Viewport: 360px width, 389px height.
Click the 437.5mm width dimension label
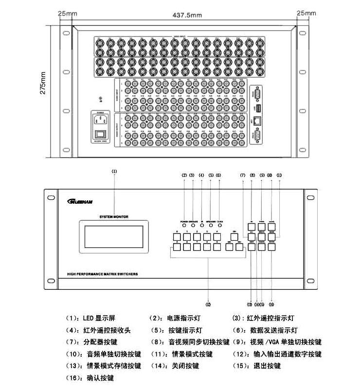click(x=187, y=16)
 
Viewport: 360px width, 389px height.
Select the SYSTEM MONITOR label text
click(x=114, y=217)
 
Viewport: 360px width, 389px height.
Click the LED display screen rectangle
click(x=114, y=236)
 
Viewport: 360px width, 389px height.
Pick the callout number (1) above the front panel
click(x=114, y=171)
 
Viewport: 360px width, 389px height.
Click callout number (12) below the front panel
click(x=208, y=304)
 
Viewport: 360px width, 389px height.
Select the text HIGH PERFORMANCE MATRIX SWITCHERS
click(x=103, y=274)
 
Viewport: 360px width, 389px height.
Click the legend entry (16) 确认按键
click(x=90, y=378)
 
